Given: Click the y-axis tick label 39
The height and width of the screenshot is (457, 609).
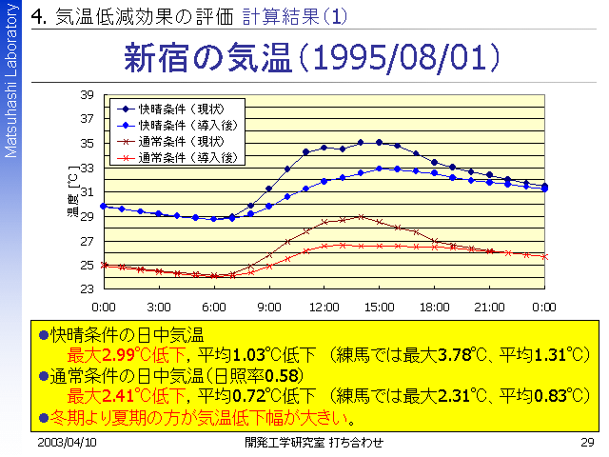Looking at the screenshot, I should coord(87,95).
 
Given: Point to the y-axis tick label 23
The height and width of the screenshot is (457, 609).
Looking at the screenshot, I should coord(87,288).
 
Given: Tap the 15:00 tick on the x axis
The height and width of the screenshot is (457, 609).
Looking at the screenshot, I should coord(379,308).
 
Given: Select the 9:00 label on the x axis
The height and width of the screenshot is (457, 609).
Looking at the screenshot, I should coord(268,308).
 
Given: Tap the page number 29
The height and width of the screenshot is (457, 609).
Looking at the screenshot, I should coord(587,443).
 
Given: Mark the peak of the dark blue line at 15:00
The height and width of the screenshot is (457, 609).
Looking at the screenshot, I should coord(379,142).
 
